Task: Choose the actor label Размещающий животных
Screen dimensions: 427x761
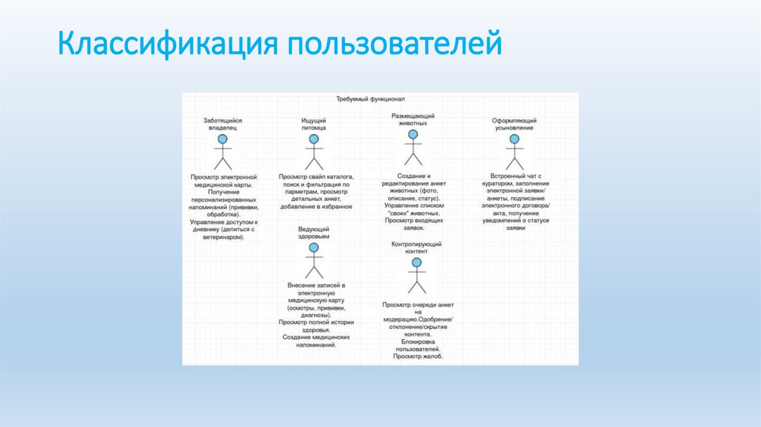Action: (412, 120)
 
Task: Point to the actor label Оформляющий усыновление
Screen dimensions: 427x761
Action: (514, 123)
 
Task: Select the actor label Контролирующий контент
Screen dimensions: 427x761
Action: (416, 248)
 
